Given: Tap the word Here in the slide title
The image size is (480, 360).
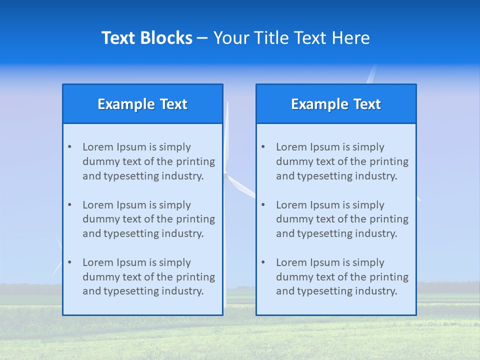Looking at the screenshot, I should click(x=352, y=38).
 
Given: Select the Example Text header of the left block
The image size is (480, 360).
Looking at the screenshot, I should click(x=142, y=104).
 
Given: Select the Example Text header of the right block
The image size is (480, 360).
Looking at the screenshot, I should click(x=336, y=104).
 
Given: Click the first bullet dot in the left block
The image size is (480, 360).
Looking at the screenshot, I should click(x=69, y=147).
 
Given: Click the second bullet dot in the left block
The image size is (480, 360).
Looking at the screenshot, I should click(x=69, y=205).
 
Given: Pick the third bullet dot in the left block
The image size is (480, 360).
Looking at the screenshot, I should click(x=69, y=262).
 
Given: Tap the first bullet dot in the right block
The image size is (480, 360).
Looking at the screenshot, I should click(x=263, y=147).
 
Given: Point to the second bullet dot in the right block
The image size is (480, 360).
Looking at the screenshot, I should click(x=263, y=205).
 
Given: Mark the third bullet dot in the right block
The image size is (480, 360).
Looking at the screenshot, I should click(x=263, y=262).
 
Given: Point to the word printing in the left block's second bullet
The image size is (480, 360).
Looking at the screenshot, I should click(x=195, y=219).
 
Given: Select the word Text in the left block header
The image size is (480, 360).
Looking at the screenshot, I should click(x=173, y=104).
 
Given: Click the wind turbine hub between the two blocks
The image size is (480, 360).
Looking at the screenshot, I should click(x=226, y=174).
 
